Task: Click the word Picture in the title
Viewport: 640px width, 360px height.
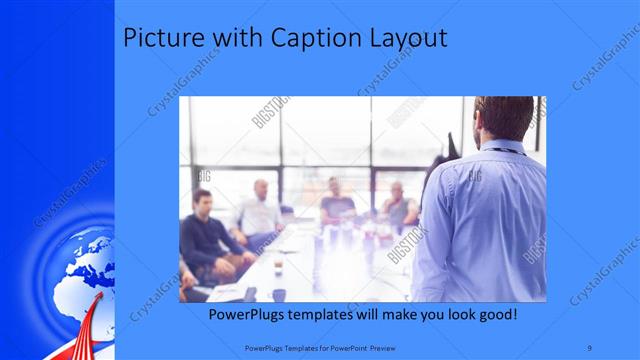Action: click(x=156, y=39)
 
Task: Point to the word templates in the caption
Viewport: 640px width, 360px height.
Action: click(x=335, y=315)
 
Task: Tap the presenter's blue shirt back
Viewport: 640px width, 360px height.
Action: click(x=485, y=220)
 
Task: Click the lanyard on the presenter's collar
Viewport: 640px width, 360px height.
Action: click(x=512, y=149)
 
